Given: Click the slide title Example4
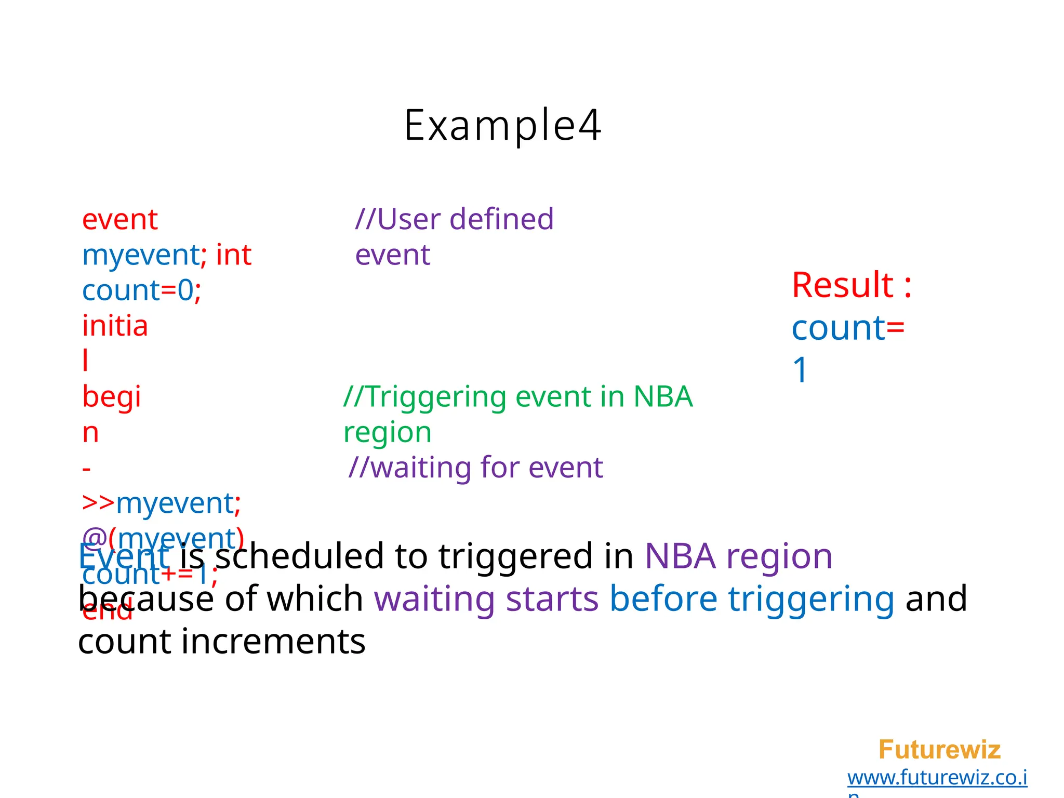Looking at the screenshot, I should click(x=502, y=126).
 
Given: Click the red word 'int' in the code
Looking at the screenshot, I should click(x=234, y=255).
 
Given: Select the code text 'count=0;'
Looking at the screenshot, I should click(x=141, y=290).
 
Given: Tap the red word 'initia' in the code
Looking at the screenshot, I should click(x=115, y=326).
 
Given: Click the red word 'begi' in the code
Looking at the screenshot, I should click(x=112, y=397).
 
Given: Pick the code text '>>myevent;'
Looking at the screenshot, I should click(x=162, y=503).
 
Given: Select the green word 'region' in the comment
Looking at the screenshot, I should click(x=388, y=433).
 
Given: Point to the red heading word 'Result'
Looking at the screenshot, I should click(x=842, y=285).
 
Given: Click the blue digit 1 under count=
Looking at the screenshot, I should click(x=800, y=370).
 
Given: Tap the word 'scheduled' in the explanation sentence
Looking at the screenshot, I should click(x=299, y=556).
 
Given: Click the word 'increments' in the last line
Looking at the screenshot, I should click(x=273, y=642).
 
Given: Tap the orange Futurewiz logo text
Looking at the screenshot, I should click(x=939, y=750).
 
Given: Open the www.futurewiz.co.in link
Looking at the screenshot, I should click(x=937, y=778).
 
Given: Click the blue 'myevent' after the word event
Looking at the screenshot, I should click(x=141, y=255).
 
